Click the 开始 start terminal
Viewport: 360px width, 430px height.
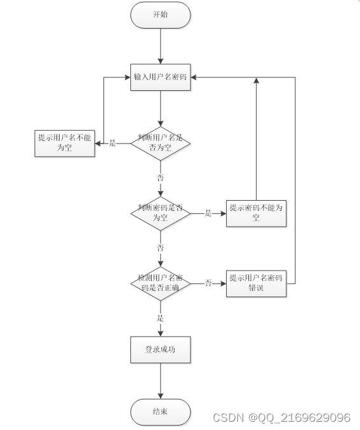pos(161,15)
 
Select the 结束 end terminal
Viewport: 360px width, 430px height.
pos(161,412)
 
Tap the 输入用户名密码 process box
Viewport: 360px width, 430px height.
pos(161,77)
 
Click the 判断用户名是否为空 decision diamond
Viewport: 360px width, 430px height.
pos(161,144)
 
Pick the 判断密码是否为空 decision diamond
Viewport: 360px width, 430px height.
pos(161,213)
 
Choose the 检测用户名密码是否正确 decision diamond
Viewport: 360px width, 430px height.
pos(161,283)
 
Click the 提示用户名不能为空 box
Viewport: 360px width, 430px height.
pos(65,144)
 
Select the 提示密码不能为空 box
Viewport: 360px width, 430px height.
pos(256,213)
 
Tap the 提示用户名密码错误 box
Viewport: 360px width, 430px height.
pos(256,283)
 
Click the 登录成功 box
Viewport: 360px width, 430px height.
pos(161,350)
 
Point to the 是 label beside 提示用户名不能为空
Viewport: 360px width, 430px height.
pos(112,143)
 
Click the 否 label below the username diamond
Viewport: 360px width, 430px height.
pos(161,178)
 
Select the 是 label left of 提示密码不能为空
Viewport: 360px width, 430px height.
pos(208,213)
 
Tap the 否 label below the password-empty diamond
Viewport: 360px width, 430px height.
pos(161,248)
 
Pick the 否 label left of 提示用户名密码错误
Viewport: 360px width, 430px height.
pos(208,283)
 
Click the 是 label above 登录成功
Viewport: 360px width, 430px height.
pos(161,318)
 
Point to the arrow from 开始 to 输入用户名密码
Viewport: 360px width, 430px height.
pos(161,46)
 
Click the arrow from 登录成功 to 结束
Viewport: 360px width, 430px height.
pos(161,381)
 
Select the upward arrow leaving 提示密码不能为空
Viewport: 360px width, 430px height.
pos(256,138)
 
